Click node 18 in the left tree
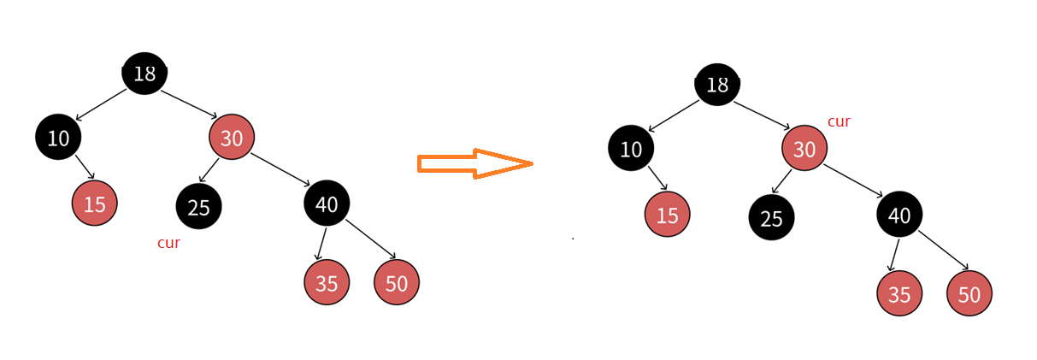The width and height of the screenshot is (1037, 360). (x=144, y=74)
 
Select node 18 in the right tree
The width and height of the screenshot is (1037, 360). (x=717, y=85)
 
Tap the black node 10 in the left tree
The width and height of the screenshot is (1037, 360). (x=58, y=137)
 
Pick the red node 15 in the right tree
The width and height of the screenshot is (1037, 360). (x=667, y=215)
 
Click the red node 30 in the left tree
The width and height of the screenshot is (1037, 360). (x=232, y=137)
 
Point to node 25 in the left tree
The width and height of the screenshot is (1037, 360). (x=198, y=206)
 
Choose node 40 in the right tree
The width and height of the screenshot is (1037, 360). (x=899, y=215)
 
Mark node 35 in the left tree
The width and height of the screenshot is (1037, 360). (x=327, y=282)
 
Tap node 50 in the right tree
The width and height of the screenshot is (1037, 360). (x=969, y=293)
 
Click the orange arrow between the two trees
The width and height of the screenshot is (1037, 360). (x=474, y=163)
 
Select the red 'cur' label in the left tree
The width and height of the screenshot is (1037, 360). (x=168, y=243)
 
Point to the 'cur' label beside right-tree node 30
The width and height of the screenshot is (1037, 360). (x=839, y=121)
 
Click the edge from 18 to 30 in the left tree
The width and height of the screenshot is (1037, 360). (x=188, y=103)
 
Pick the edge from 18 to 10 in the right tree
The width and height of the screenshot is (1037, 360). (x=675, y=115)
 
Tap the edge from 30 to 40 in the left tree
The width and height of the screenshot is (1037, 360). (x=281, y=169)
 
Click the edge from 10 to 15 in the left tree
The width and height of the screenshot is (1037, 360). (x=84, y=167)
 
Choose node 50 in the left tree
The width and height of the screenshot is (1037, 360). (x=397, y=282)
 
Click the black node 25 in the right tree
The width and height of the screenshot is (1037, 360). (x=771, y=217)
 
